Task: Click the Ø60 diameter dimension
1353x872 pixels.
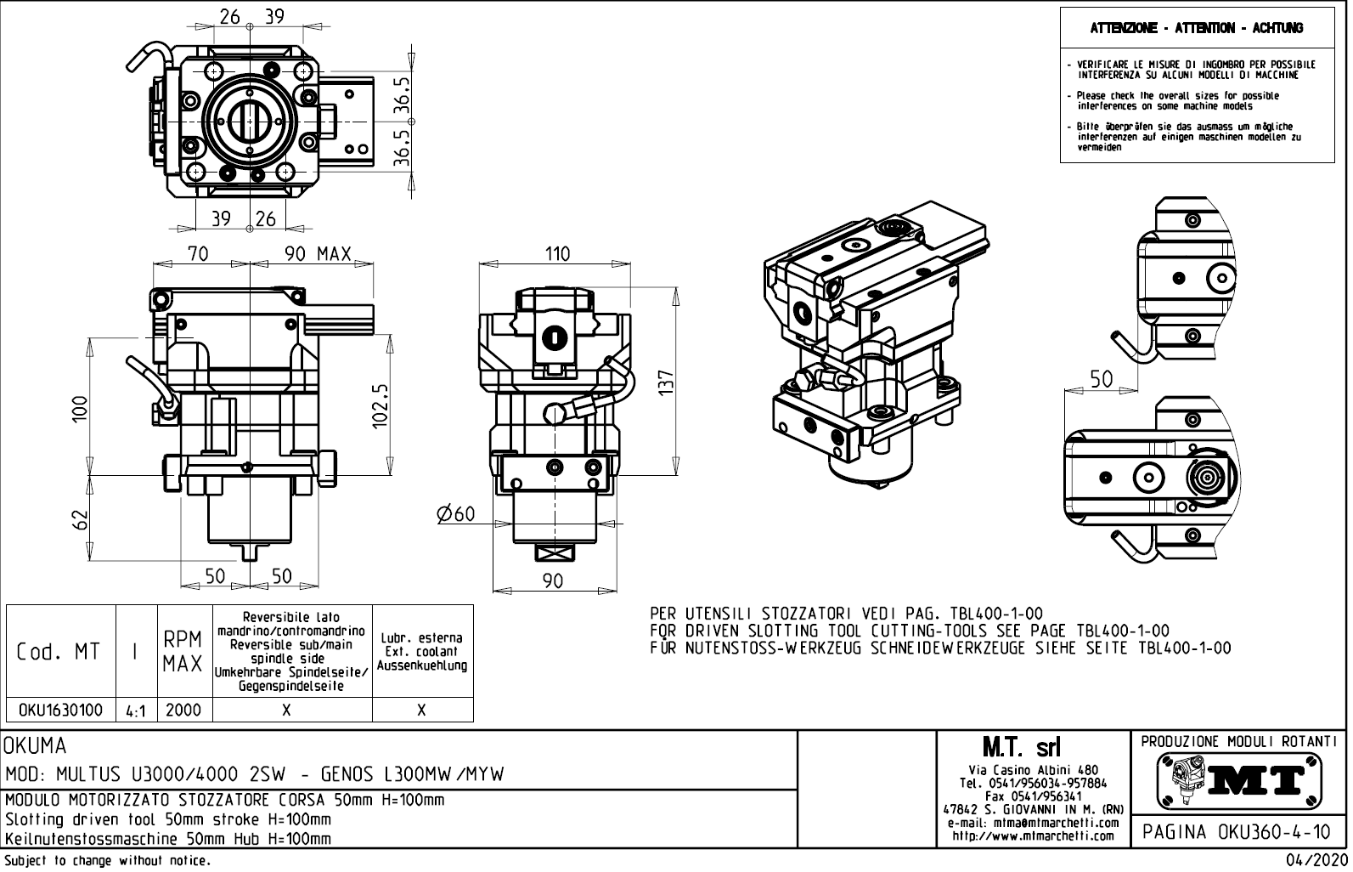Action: point(455,514)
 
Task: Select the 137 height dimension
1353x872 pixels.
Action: point(666,381)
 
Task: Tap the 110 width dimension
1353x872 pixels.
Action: point(556,253)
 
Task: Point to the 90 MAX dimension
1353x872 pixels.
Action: point(318,253)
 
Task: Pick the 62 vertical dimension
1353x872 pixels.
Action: point(79,518)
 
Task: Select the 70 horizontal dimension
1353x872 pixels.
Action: point(198,253)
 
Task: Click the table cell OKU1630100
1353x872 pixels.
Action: point(60,710)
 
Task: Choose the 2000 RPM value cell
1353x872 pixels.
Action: point(183,710)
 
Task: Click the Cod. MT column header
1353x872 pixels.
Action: point(59,652)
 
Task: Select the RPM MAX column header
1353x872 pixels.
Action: point(183,652)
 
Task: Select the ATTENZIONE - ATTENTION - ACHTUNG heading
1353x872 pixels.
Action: point(1196,28)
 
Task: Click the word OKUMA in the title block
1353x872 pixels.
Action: point(36,746)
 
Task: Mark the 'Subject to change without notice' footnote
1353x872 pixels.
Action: point(107,862)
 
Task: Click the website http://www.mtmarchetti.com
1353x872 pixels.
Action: point(1033,835)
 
